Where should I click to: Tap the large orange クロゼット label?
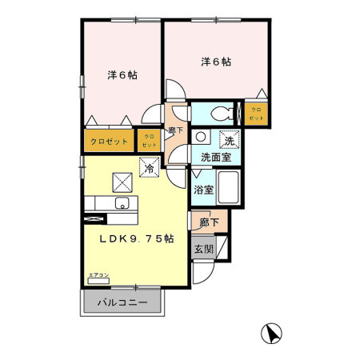(109, 142)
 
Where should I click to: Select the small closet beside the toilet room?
(256, 113)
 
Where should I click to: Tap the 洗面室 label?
(216, 157)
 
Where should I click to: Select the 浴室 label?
(203, 190)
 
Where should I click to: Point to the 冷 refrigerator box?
(149, 168)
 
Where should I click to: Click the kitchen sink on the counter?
(123, 202)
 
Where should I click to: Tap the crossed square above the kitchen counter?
(122, 181)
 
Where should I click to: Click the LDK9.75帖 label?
(136, 239)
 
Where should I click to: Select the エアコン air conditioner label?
(98, 276)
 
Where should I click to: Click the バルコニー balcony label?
(122, 304)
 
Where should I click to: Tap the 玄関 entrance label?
(203, 249)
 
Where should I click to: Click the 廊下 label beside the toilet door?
(176, 130)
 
